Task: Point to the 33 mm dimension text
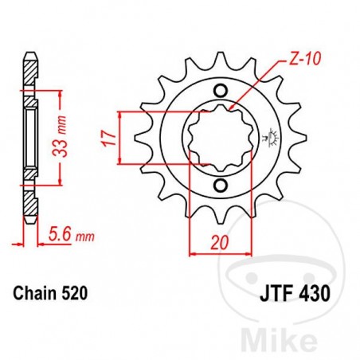69,129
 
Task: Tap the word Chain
34,293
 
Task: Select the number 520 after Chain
76,293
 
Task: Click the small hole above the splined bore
221,89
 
